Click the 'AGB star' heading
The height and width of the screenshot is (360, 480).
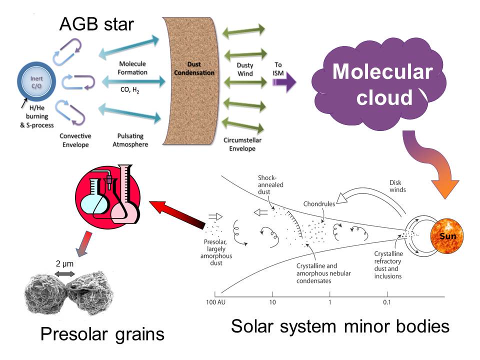(96, 23)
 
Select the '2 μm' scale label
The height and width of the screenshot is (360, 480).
(64, 262)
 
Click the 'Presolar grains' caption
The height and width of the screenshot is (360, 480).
(102, 333)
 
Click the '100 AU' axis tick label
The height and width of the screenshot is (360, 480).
(215, 302)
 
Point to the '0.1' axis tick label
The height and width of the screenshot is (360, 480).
(387, 302)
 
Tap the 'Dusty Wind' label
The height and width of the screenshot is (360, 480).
(245, 69)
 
